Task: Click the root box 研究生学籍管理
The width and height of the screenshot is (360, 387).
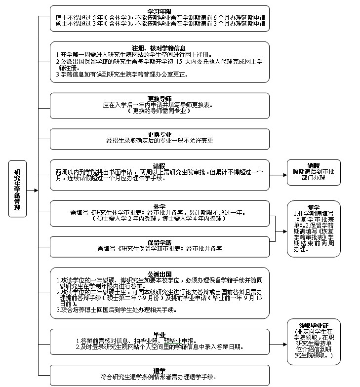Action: [17, 189]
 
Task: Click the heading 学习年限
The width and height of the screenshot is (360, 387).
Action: [160, 11]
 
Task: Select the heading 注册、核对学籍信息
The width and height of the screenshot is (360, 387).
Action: [160, 48]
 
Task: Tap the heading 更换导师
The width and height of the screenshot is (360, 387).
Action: [160, 99]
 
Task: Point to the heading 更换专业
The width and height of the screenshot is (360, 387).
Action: [160, 134]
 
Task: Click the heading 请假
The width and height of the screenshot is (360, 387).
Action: [160, 166]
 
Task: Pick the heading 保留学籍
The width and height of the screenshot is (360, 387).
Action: [160, 242]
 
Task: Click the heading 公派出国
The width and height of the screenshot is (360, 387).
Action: [160, 274]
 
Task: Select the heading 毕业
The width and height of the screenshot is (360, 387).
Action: [160, 334]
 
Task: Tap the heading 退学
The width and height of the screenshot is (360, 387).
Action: [160, 370]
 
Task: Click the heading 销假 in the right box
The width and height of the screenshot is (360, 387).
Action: [314, 165]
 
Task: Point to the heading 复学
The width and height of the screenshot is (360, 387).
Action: [314, 207]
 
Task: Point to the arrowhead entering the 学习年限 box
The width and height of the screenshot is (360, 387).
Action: [47, 17]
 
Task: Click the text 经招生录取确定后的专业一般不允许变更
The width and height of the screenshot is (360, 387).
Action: [160, 141]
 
